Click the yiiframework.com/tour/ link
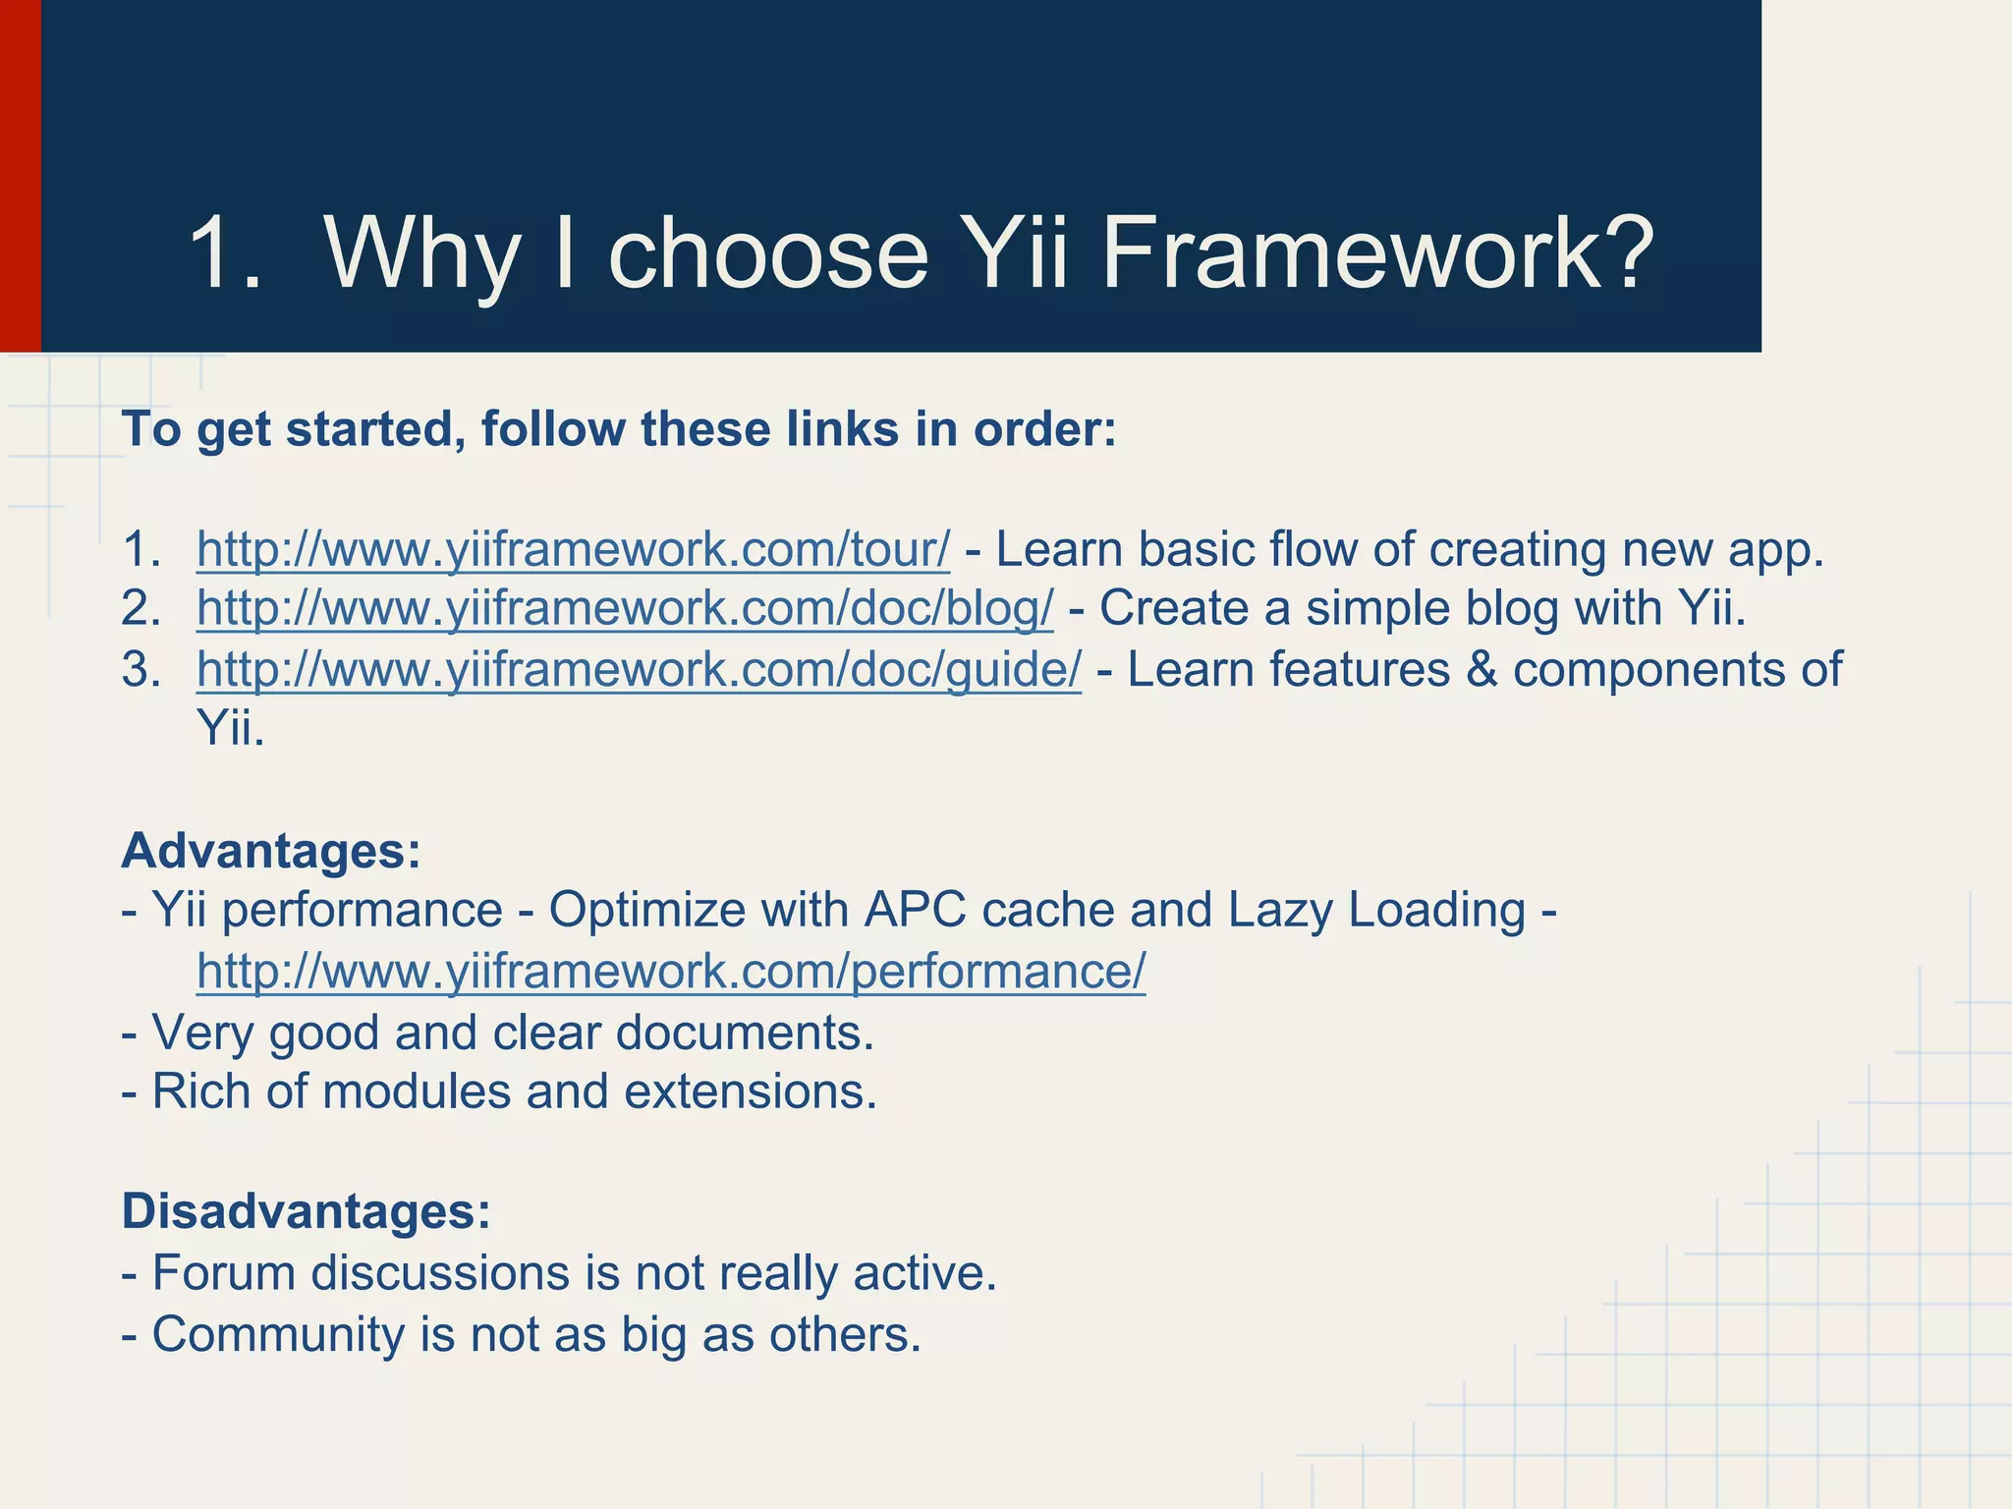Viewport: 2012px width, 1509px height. click(x=573, y=549)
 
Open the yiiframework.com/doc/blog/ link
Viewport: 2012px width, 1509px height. click(x=625, y=609)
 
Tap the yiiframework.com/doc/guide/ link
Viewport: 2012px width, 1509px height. click(x=639, y=670)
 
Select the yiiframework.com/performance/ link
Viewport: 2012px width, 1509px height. click(x=671, y=972)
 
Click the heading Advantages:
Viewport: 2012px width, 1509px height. click(x=271, y=850)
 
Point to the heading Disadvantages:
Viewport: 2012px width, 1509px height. click(x=306, y=1211)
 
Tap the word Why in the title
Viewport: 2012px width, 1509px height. click(x=422, y=253)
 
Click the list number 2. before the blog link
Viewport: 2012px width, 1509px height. click(x=140, y=609)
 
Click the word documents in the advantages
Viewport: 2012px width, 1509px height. click(x=737, y=1033)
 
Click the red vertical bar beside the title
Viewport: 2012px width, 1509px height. click(x=20, y=176)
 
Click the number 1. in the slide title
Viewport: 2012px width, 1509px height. click(x=225, y=253)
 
